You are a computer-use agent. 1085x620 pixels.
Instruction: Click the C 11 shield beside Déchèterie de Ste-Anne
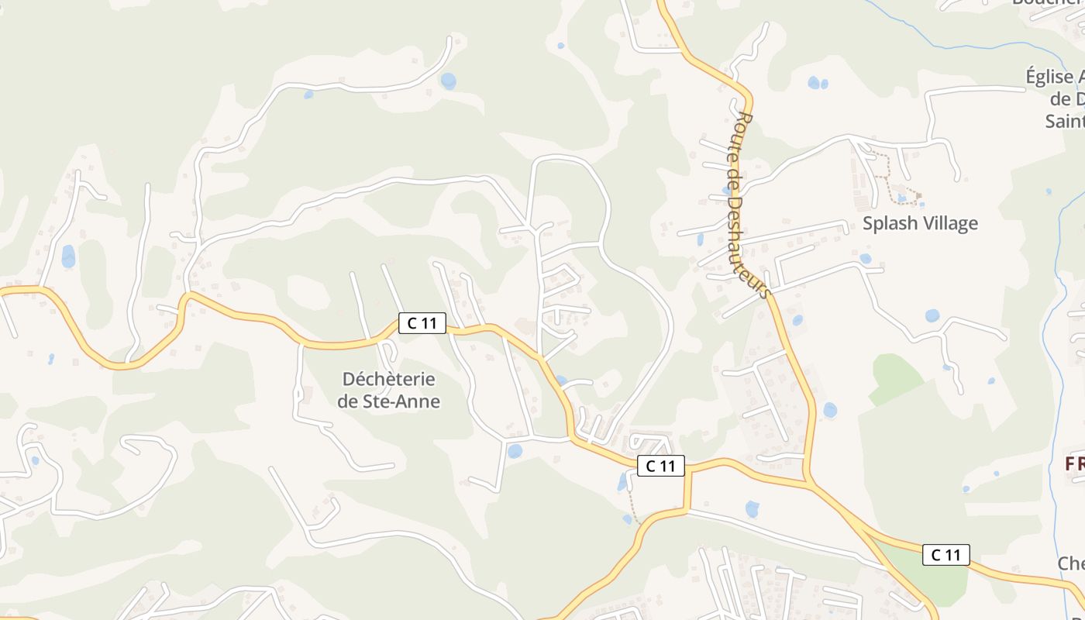click(x=422, y=323)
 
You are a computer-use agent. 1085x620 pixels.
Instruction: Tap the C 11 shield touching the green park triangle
click(x=945, y=555)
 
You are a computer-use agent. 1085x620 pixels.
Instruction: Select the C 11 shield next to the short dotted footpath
click(x=661, y=465)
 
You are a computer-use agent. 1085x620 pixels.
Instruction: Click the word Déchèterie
click(x=389, y=380)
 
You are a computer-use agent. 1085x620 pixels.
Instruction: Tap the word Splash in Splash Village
click(x=887, y=224)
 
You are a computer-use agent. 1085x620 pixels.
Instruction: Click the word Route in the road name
click(x=745, y=132)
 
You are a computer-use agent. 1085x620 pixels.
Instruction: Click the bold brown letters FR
click(x=1074, y=464)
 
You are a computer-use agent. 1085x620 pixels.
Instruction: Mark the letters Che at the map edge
click(x=1071, y=563)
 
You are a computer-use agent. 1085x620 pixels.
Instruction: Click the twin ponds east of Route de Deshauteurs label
click(x=818, y=82)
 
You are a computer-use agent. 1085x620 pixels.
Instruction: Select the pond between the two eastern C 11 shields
click(x=752, y=509)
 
